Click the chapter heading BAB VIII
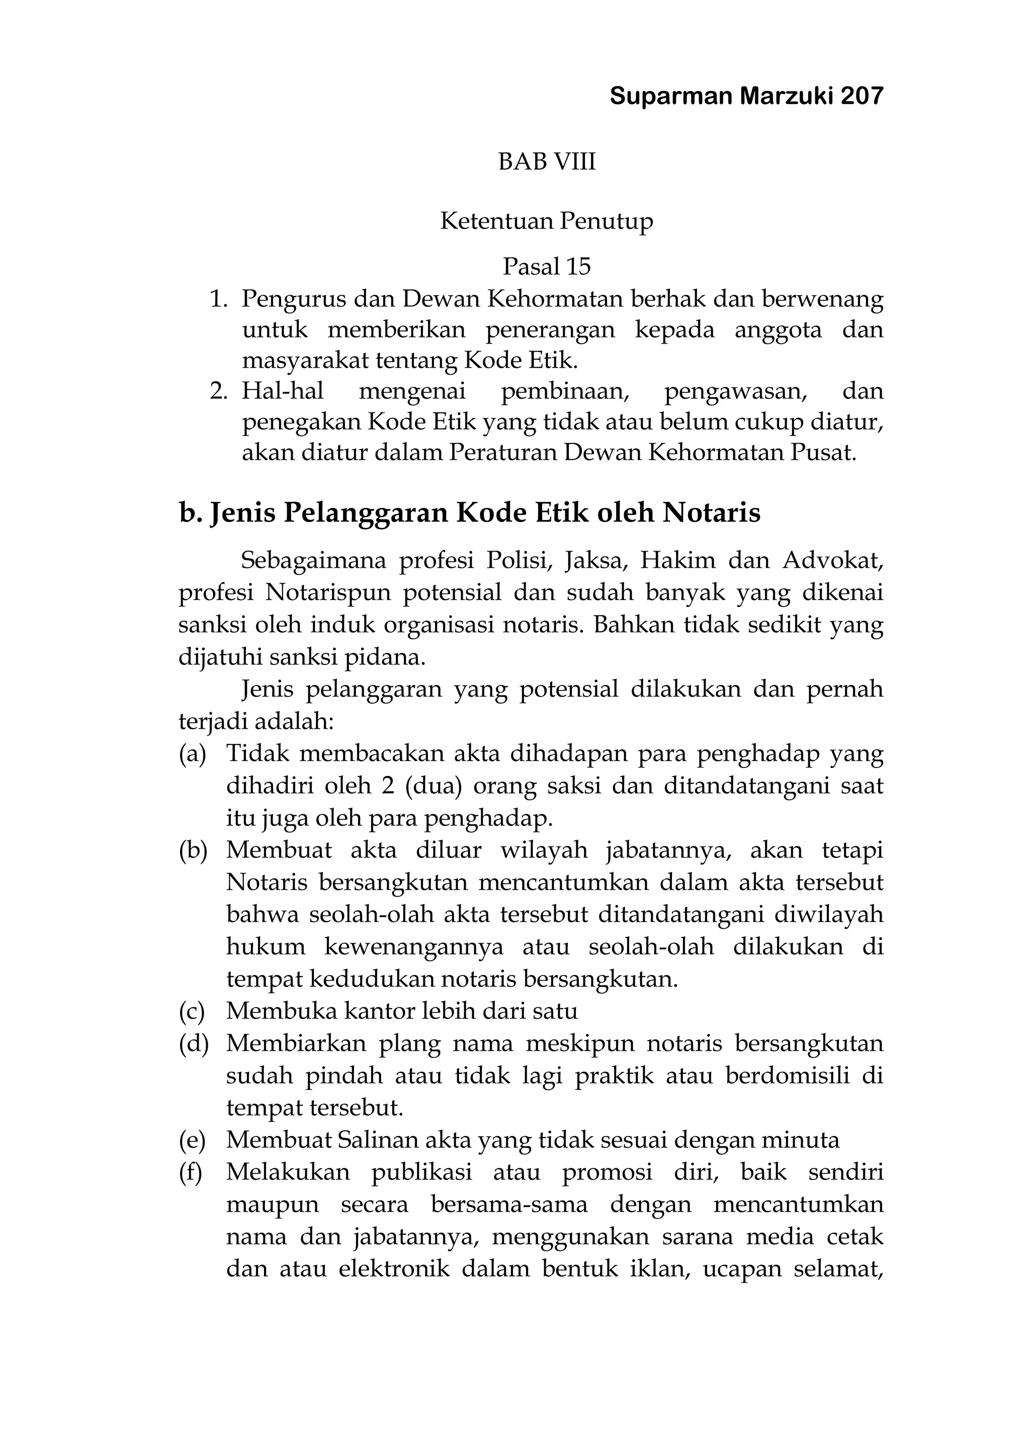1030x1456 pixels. (547, 162)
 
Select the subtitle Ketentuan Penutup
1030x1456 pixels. (547, 221)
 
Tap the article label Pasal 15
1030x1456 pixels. (547, 267)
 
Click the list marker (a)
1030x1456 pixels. (193, 753)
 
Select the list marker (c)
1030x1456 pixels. (192, 1011)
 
